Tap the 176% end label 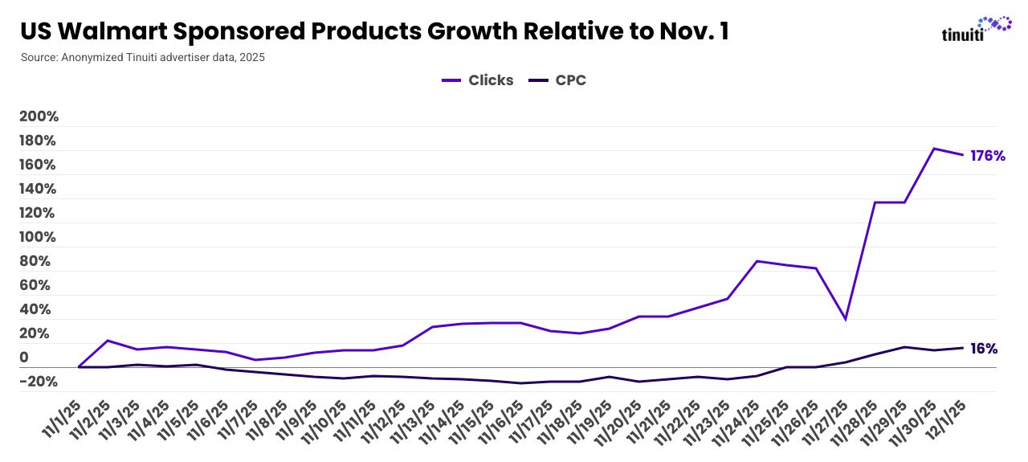(x=988, y=156)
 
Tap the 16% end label (x=984, y=349)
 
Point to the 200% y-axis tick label (x=39, y=117)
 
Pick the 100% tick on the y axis (x=39, y=237)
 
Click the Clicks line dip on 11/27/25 (x=845, y=320)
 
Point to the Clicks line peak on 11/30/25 (x=933, y=149)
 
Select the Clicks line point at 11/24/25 (x=757, y=261)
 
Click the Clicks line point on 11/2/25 (x=108, y=341)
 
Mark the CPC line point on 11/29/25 (x=904, y=347)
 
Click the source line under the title (x=142, y=58)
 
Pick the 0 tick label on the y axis (x=24, y=358)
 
